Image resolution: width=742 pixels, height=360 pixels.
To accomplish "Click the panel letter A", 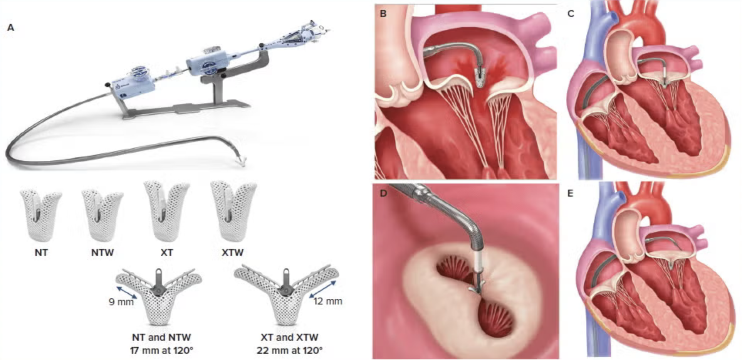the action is [x=11, y=28].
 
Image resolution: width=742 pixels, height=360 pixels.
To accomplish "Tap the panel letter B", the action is [x=383, y=14].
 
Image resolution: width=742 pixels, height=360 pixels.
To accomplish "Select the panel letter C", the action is [x=571, y=14].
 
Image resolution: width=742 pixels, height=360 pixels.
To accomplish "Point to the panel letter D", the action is [x=383, y=193].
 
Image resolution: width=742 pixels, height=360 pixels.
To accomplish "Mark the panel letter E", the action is [x=571, y=193].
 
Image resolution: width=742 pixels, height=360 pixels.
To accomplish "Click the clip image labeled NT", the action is [x=41, y=214].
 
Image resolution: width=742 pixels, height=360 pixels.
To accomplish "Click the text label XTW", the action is [x=233, y=253].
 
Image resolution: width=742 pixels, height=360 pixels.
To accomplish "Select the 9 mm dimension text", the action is [x=121, y=302].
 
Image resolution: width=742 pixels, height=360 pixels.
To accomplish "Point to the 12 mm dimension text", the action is [x=327, y=301].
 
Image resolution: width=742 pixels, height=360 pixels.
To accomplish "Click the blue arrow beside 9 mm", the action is [x=127, y=292].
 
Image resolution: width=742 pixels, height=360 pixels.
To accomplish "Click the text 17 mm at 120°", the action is [x=161, y=351].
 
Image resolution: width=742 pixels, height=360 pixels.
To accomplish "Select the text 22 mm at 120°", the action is [x=289, y=351].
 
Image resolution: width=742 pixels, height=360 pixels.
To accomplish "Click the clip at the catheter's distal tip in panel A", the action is [x=242, y=161].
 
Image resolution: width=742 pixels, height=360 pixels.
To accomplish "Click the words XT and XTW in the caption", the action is [x=289, y=337].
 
